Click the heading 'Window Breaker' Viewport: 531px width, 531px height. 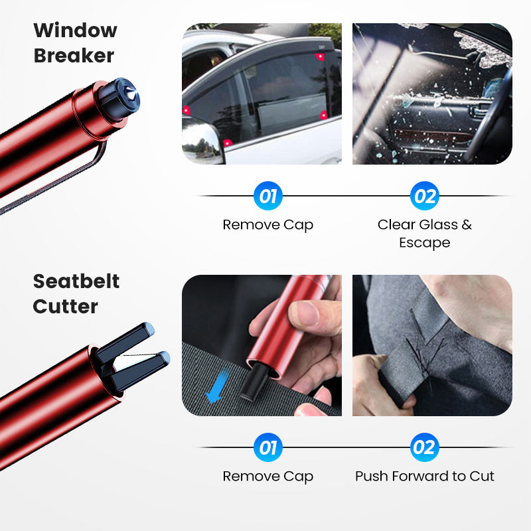tap(75, 42)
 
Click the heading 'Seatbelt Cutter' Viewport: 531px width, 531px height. tap(76, 293)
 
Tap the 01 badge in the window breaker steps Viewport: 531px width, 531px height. tap(267, 196)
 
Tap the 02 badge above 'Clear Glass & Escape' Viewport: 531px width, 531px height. tap(424, 196)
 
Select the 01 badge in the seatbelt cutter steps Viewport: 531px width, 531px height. tap(267, 448)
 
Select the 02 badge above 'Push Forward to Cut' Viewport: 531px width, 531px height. tap(424, 448)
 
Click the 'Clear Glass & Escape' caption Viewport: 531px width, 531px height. tap(425, 233)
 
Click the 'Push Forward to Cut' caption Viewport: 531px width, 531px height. tap(425, 476)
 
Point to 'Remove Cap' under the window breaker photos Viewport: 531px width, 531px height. tap(267, 224)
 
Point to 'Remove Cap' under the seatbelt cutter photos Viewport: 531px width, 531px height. tap(267, 476)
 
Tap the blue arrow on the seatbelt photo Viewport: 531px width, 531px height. tap(214, 389)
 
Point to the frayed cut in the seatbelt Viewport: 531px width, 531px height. tap(425, 345)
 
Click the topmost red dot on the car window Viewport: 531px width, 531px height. tap(321, 57)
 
